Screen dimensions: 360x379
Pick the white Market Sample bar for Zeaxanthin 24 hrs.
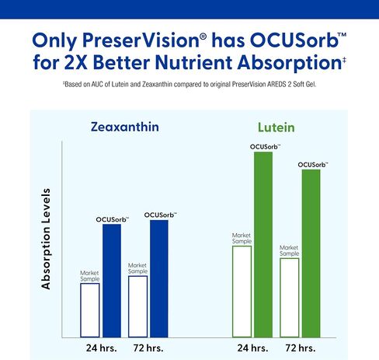[x=90, y=309]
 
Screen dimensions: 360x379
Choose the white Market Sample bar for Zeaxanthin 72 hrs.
[x=137, y=306]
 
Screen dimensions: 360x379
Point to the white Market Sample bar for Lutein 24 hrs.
[x=242, y=291]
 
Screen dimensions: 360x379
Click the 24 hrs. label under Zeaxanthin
[x=101, y=347]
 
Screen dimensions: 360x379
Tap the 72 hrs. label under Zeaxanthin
[x=148, y=347]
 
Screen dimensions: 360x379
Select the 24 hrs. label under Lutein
[x=252, y=347]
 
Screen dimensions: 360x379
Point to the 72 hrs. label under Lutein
[x=300, y=347]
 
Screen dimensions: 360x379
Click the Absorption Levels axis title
[x=47, y=238]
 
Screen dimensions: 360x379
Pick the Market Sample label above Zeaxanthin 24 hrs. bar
[x=90, y=275]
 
